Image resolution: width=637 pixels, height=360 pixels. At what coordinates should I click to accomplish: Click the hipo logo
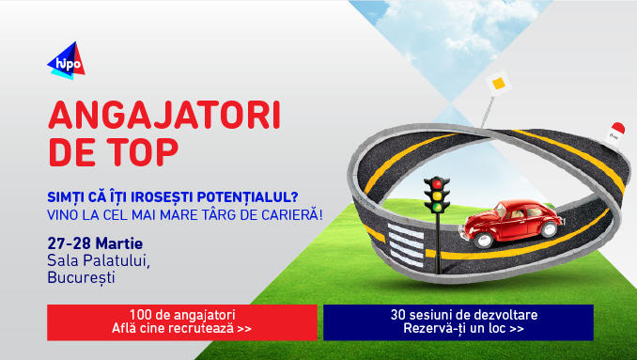tap(66, 61)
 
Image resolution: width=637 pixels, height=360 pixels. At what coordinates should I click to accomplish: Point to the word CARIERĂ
tap(286, 214)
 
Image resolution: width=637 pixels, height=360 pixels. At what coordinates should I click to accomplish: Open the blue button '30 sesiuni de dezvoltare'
tap(458, 321)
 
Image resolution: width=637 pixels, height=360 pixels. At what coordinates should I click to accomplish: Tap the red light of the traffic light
tap(437, 182)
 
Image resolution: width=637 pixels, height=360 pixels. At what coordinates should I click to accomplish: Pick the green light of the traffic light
tap(437, 205)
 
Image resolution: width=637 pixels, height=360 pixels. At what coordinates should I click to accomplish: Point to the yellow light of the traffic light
tap(437, 194)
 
